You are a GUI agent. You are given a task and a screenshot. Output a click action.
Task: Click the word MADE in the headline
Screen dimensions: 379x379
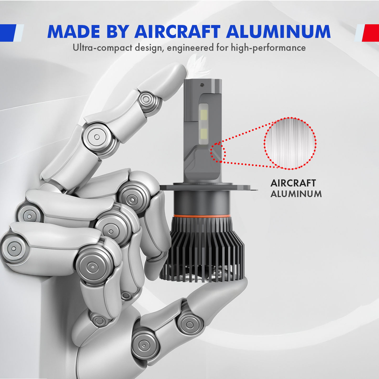pyautogui.click(x=73, y=32)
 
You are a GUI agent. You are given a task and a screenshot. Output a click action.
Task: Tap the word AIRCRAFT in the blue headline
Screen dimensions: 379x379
pyautogui.click(x=177, y=32)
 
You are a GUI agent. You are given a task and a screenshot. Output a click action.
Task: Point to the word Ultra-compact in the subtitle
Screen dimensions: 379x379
pyautogui.click(x=102, y=48)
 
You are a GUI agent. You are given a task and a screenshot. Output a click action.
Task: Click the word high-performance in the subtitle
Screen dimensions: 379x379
pyautogui.click(x=268, y=48)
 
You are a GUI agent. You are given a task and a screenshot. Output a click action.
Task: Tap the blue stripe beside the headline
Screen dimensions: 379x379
pyautogui.click(x=8, y=33)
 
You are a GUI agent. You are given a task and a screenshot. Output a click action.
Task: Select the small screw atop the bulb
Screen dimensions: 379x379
pyautogui.click(x=202, y=85)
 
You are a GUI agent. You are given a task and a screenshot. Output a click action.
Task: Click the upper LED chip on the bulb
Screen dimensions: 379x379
pyautogui.click(x=204, y=114)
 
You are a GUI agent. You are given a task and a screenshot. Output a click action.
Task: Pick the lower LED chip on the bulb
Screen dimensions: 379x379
pyautogui.click(x=204, y=134)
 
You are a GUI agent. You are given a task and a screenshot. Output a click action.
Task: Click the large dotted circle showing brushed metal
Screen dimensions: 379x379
pyautogui.click(x=290, y=143)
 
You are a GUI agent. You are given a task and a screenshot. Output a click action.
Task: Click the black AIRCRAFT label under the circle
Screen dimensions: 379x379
pyautogui.click(x=293, y=183)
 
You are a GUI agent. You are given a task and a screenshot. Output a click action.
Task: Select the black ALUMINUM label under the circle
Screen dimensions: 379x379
pyautogui.click(x=296, y=194)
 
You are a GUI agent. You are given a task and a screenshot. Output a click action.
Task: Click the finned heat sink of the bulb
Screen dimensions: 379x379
pyautogui.click(x=202, y=249)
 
